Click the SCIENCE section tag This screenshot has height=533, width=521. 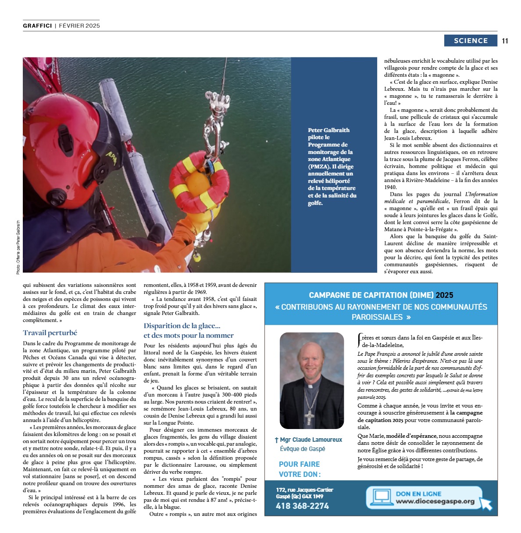pos(471,41)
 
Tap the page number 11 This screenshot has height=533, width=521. pos(505,41)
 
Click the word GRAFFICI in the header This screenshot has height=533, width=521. pos(37,26)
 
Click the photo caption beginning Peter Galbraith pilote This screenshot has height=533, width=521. pos(332,166)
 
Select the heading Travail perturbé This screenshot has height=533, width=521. pos(50,333)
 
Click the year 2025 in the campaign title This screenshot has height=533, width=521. pos(444,295)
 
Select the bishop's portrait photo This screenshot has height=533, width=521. pos(311,380)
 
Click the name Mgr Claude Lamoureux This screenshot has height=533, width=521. pos(310,440)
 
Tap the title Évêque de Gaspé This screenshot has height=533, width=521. pos(303,449)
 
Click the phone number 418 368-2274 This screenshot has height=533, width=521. pos(302,506)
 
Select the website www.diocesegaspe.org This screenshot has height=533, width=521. pos(435,501)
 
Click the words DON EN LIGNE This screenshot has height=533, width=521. pos(418,494)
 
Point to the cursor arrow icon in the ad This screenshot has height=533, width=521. pos(485,503)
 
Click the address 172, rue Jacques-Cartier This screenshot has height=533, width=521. pos(304,490)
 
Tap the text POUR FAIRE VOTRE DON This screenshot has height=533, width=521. pos(300,469)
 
